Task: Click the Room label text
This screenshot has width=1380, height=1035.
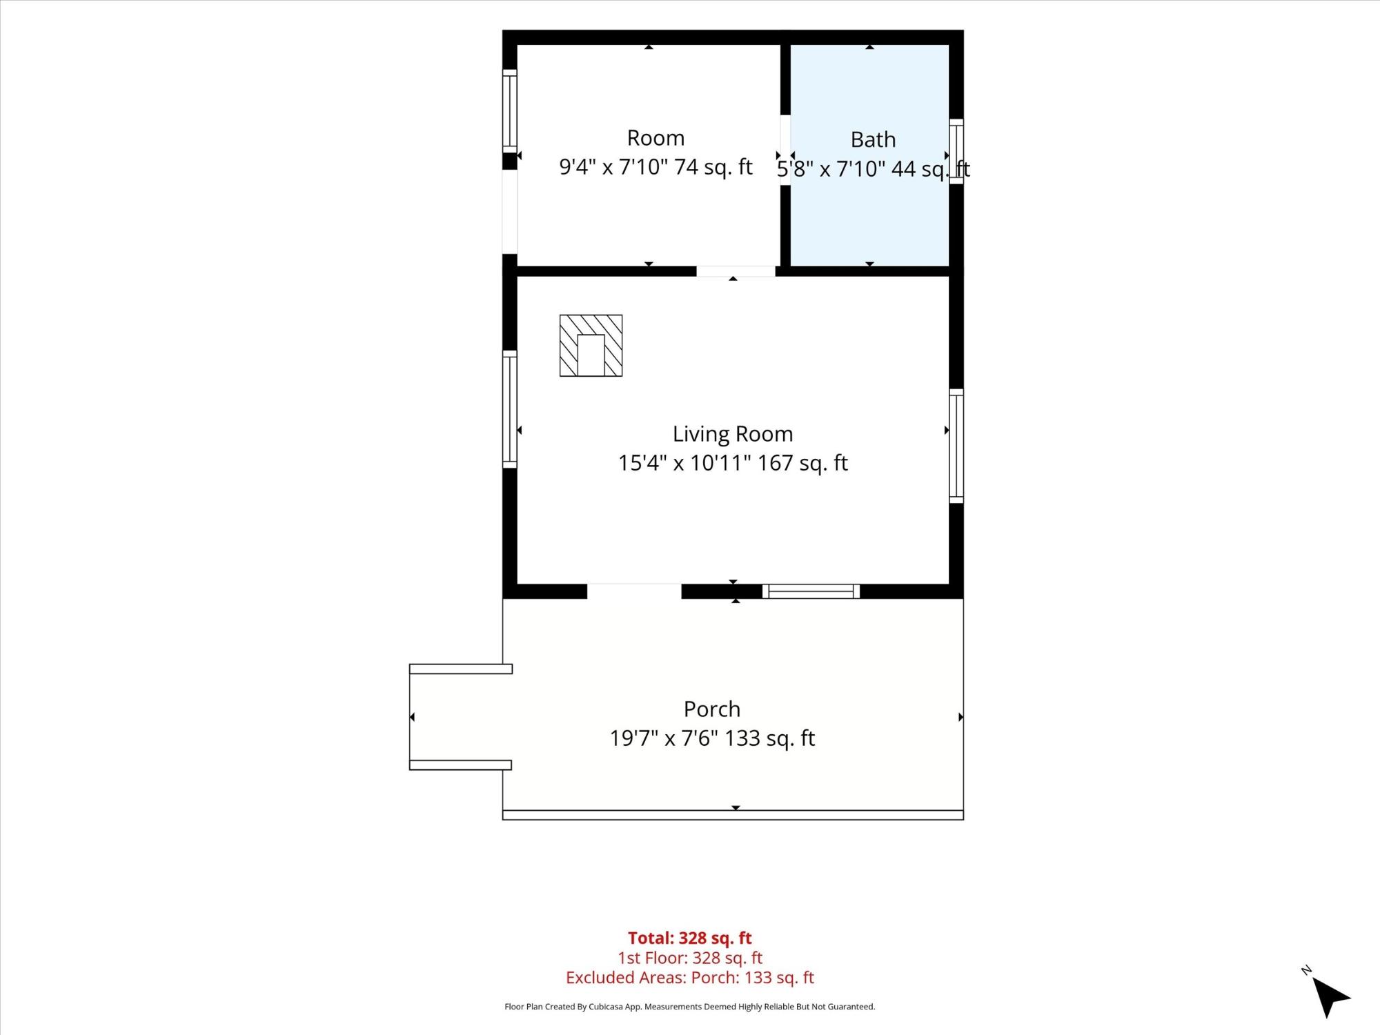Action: pos(655,138)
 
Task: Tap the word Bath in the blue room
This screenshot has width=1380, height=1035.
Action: pos(873,139)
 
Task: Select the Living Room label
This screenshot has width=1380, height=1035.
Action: pos(733,434)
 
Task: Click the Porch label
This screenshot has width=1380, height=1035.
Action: pos(712,709)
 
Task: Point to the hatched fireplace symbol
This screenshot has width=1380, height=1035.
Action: pos(591,346)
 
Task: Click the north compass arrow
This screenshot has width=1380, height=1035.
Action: pos(1329,996)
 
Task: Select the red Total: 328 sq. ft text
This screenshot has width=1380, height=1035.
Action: pos(690,938)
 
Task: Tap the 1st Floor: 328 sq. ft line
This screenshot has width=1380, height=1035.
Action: pos(690,958)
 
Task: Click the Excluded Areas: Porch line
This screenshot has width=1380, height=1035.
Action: pos(690,977)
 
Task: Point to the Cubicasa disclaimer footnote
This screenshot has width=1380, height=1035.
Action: pos(690,1007)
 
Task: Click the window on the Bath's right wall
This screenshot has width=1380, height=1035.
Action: pos(956,151)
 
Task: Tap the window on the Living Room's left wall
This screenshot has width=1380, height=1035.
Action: pos(509,409)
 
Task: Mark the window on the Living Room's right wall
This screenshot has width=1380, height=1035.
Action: pos(956,446)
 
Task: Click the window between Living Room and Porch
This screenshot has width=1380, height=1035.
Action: pos(811,591)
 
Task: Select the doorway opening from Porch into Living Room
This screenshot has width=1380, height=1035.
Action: pos(634,591)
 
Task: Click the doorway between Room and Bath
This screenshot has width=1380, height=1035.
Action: pos(785,150)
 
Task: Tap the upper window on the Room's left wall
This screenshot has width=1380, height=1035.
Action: pos(509,110)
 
